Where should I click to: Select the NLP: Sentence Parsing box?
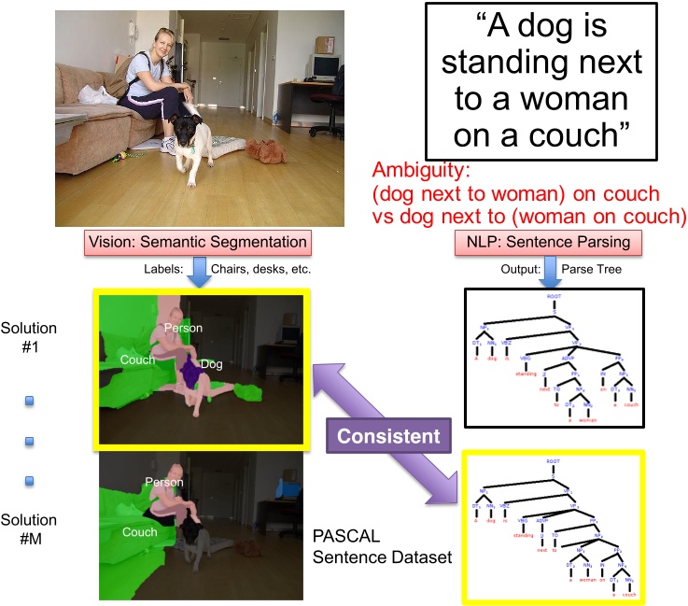point(542,242)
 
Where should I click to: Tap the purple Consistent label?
point(388,436)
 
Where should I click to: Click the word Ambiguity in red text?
point(414,171)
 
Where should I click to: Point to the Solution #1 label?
point(29,338)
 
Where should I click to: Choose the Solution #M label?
point(29,529)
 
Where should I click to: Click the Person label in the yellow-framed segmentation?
point(183,328)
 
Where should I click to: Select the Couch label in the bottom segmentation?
point(139,531)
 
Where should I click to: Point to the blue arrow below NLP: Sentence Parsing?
point(549,271)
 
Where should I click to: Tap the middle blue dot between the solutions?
point(30,440)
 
